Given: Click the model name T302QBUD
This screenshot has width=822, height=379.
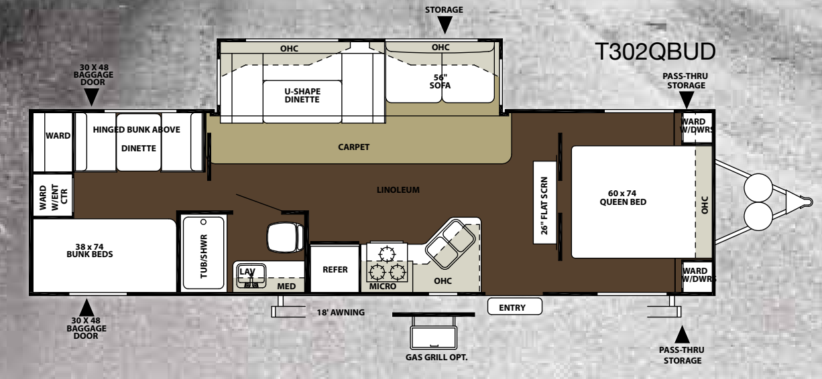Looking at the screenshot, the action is [655, 52].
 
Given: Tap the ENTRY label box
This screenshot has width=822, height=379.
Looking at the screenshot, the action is [514, 307].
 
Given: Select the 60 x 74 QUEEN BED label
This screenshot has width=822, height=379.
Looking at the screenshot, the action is [623, 198].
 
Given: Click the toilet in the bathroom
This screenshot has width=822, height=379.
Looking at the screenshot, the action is [285, 237].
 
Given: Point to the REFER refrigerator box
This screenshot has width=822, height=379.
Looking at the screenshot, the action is [335, 269].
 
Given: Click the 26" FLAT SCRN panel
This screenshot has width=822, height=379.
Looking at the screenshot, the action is [544, 202].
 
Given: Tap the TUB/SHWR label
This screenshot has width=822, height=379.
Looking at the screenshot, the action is [204, 256].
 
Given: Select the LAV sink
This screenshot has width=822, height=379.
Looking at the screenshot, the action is [251, 275].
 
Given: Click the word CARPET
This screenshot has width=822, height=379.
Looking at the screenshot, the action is [353, 147].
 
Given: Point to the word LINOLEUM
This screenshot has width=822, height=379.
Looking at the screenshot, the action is [398, 190].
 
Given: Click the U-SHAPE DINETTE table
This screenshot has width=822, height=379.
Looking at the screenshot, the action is [302, 102].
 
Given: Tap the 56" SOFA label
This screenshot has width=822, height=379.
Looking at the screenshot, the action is [440, 82].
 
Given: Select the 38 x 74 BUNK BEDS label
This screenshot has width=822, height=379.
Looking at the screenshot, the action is [90, 250].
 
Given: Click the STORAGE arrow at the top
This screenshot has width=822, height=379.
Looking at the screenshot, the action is [445, 25].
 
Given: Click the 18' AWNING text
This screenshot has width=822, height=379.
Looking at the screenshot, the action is [341, 312].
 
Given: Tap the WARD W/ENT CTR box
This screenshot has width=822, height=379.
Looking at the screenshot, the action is [53, 195].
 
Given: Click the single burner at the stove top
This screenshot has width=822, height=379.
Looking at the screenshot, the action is [387, 254].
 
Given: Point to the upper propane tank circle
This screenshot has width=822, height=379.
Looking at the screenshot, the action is [758, 187].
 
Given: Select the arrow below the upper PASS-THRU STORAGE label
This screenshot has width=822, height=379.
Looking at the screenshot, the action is [686, 100].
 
